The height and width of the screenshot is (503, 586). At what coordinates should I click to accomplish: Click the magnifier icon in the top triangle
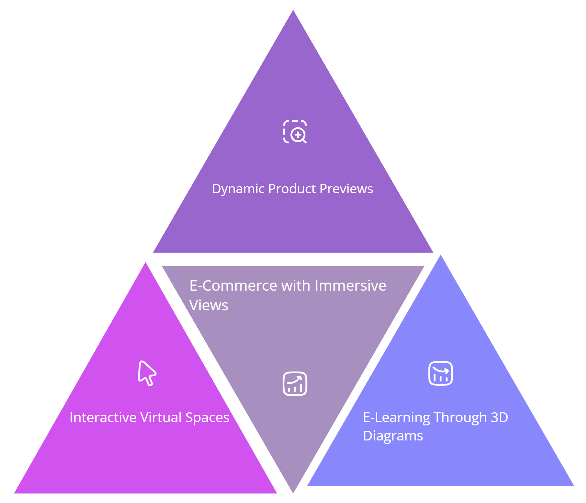click(x=295, y=131)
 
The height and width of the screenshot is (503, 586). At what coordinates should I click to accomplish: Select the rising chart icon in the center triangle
click(x=295, y=384)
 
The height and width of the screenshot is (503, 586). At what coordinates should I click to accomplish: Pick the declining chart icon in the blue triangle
click(x=441, y=373)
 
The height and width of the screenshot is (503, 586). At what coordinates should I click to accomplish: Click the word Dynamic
click(x=238, y=189)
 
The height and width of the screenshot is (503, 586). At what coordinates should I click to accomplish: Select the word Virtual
click(x=161, y=417)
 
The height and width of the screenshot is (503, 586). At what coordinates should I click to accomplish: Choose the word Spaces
click(x=207, y=418)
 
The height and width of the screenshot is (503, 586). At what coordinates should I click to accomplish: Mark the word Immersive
click(x=350, y=286)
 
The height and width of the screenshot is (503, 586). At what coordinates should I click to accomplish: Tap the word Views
click(x=209, y=305)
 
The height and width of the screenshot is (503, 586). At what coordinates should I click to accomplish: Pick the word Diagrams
click(x=393, y=436)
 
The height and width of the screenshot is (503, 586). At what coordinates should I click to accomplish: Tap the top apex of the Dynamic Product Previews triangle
click(x=293, y=11)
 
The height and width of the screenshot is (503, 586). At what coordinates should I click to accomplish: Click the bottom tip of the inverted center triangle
click(x=293, y=492)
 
